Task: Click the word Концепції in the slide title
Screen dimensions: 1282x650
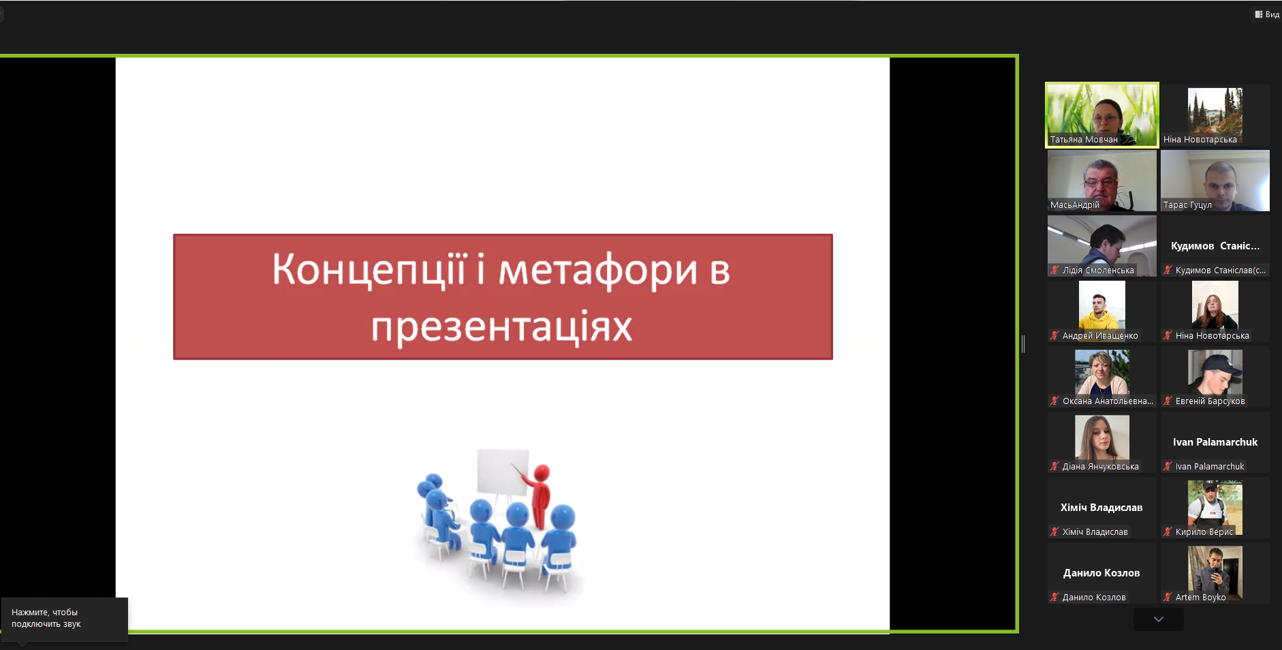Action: coord(369,270)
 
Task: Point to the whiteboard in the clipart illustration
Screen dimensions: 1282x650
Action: coord(503,471)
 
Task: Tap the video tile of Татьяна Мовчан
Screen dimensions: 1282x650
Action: coord(1102,115)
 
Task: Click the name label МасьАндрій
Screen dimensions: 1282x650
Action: coord(1075,204)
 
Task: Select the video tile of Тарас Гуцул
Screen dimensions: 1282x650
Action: coord(1215,181)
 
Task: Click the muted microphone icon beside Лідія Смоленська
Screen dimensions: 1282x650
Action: coord(1054,270)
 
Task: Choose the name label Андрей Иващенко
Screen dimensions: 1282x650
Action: coord(1100,335)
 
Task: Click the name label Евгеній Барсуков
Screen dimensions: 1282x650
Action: coord(1210,401)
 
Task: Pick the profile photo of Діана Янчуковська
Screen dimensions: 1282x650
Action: coord(1102,437)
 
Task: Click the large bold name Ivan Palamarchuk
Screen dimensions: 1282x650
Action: coord(1215,442)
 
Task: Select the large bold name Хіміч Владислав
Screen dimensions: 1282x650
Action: coord(1101,507)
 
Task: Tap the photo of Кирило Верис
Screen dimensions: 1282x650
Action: coord(1215,508)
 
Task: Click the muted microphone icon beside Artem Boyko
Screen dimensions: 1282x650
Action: coord(1168,597)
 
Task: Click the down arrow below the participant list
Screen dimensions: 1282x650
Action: coord(1159,619)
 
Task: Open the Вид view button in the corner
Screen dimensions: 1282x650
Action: coord(1267,14)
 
